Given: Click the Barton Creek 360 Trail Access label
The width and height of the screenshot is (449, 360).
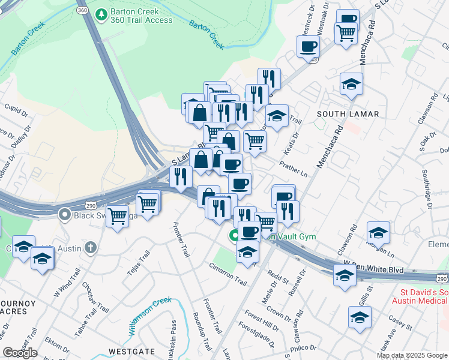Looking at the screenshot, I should pyautogui.click(x=140, y=16).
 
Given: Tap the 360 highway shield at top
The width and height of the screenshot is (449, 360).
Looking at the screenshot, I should pyautogui.click(x=83, y=10).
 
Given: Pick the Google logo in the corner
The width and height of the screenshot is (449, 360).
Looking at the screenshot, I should pyautogui.click(x=20, y=353).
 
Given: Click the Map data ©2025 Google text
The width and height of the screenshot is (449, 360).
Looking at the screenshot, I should pyautogui.click(x=412, y=355).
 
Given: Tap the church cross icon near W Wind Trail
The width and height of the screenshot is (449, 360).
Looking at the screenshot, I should pyautogui.click(x=91, y=247).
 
